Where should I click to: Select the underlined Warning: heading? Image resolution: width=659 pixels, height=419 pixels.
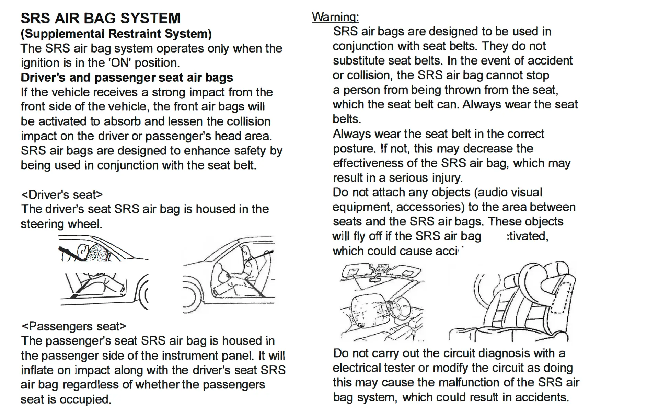coord(335,17)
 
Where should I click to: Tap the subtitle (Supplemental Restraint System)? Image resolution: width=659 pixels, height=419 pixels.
coord(116,34)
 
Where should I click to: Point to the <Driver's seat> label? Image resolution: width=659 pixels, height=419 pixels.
coord(62,195)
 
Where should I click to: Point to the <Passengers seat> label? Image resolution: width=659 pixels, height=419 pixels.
coord(73,326)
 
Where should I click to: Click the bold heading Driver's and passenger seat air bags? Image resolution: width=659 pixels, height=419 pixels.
coord(127,78)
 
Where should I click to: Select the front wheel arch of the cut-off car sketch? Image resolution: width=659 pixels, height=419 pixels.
coord(141,292)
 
